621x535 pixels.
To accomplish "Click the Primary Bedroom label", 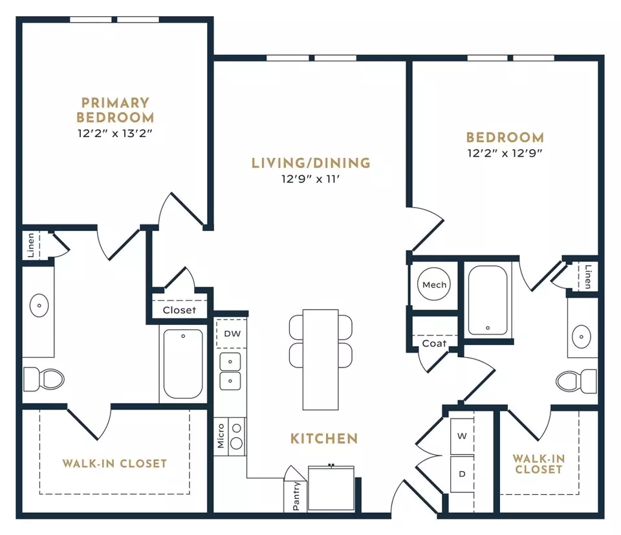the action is (x=115, y=110).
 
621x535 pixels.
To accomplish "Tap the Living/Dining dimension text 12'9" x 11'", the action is (x=311, y=179).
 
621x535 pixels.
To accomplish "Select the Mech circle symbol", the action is (x=434, y=285).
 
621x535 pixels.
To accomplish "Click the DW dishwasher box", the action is (x=232, y=333).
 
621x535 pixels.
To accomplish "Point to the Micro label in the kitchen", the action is (x=221, y=436).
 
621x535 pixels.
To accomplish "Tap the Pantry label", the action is (x=296, y=496).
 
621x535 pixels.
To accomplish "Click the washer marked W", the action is (x=462, y=436).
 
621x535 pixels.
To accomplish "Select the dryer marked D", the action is (x=462, y=474).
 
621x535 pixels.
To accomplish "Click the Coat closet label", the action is (x=434, y=344).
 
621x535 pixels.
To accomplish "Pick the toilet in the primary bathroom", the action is (x=43, y=379).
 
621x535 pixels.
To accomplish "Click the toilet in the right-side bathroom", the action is (x=576, y=381).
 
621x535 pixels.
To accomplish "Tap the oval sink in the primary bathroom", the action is (x=39, y=306).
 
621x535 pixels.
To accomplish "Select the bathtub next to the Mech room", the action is (x=488, y=300).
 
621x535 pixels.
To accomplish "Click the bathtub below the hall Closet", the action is (x=183, y=364).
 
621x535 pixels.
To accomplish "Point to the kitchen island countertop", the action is (x=320, y=360).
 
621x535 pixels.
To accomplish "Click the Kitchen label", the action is (x=324, y=439).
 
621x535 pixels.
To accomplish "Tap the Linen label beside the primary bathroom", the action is (x=31, y=245).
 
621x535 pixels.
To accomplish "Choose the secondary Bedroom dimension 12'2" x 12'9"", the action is (x=505, y=153).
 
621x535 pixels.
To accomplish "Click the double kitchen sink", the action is (x=230, y=371).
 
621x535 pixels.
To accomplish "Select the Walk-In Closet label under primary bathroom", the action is (x=114, y=463).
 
